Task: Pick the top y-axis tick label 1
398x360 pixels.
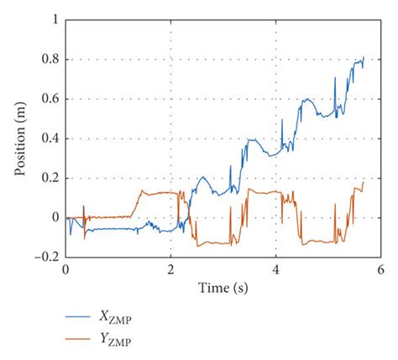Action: pyautogui.click(x=55, y=20)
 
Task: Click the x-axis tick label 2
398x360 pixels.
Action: pyautogui.click(x=170, y=269)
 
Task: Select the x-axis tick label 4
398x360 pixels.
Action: pyautogui.click(x=275, y=269)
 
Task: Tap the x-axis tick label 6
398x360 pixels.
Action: pyautogui.click(x=380, y=269)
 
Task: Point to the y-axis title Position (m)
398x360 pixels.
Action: pyautogui.click(x=19, y=138)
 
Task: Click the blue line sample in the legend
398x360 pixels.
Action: pyautogui.click(x=84, y=317)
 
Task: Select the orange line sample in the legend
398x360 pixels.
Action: pyautogui.click(x=84, y=340)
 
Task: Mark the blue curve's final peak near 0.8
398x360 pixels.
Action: pyautogui.click(x=364, y=58)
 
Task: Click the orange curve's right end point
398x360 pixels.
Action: pyautogui.click(x=364, y=181)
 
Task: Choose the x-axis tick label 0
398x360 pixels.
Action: pyautogui.click(x=65, y=269)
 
